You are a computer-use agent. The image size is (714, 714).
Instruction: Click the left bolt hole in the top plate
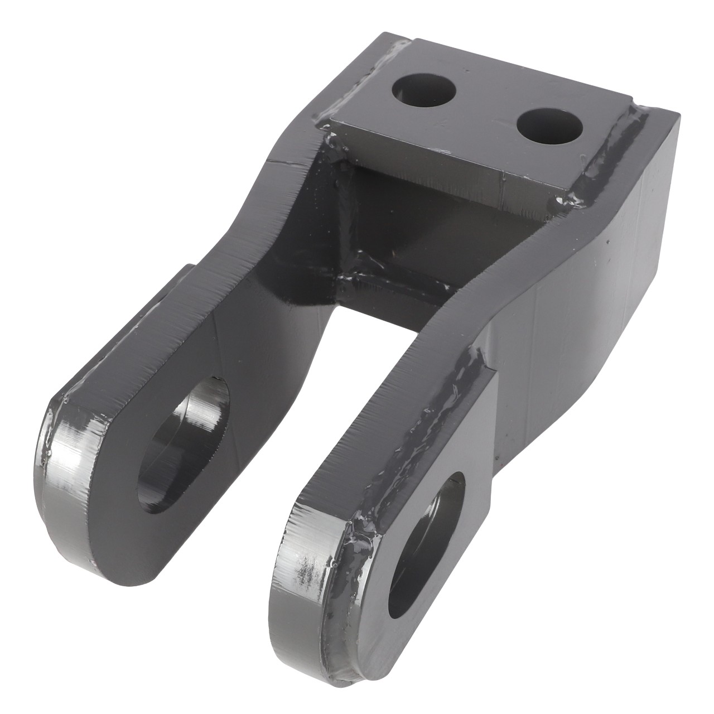[x=424, y=90]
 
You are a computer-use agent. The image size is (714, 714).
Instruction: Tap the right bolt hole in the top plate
[x=549, y=125]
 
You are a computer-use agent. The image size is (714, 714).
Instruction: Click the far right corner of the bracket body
[x=678, y=114]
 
